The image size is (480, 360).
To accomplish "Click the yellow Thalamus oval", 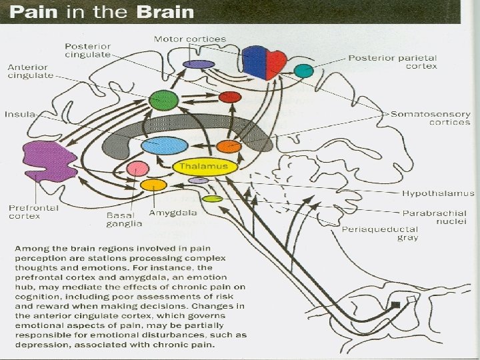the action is (x=205, y=167).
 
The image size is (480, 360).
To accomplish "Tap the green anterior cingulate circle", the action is (x=164, y=100).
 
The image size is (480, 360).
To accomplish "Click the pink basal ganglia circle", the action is (x=138, y=169).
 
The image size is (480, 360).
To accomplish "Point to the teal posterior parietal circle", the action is (x=304, y=71).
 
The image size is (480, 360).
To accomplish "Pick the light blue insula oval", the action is (x=165, y=146).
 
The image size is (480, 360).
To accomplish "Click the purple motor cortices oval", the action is (x=199, y=64).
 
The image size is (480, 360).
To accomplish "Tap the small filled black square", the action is (x=396, y=305).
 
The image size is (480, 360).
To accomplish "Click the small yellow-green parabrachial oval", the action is (x=213, y=199).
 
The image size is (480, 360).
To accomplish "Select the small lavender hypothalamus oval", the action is (x=199, y=181).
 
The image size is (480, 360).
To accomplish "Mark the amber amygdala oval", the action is (x=154, y=185).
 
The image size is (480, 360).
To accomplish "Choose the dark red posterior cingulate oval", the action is (x=230, y=97).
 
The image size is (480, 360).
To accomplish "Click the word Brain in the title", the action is (x=165, y=12).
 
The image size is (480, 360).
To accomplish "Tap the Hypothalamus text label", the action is (x=438, y=193).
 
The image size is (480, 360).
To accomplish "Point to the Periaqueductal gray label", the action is (x=380, y=233).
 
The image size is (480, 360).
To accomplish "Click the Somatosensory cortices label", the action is (x=431, y=118).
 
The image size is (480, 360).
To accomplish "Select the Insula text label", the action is (x=20, y=114).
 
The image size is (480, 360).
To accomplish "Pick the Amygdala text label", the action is (x=173, y=213).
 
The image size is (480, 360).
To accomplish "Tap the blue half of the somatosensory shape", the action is (x=254, y=62).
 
